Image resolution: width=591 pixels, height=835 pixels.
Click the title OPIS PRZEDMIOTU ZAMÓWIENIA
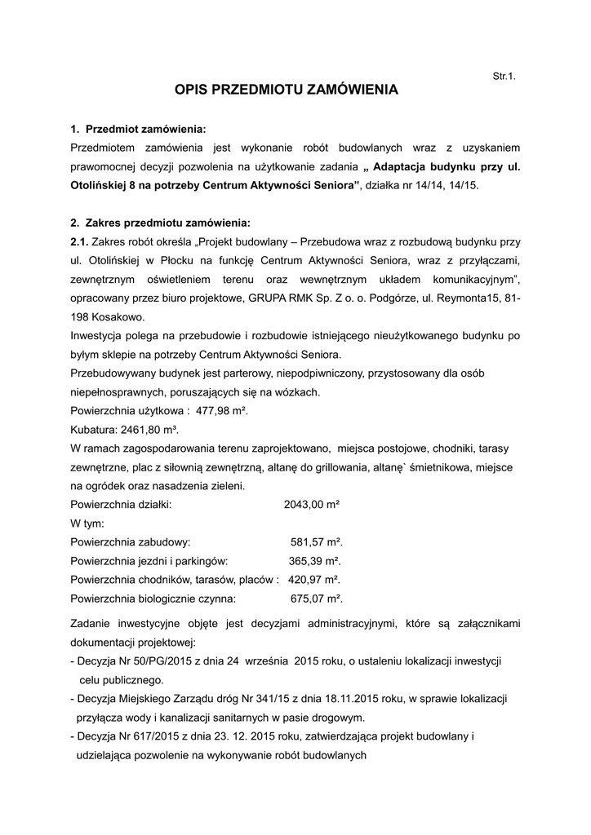pyautogui.click(x=287, y=90)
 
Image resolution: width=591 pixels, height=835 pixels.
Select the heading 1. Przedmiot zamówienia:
pyautogui.click(x=139, y=129)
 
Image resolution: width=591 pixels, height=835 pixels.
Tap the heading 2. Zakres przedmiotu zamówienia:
pyautogui.click(x=161, y=223)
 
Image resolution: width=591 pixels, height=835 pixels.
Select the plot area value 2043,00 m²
pyautogui.click(x=311, y=505)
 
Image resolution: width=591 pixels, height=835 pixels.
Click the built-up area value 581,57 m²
pyautogui.click(x=317, y=542)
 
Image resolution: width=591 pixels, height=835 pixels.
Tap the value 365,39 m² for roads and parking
pyautogui.click(x=315, y=561)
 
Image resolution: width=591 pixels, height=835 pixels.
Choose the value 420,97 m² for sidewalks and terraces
pyautogui.click(x=314, y=580)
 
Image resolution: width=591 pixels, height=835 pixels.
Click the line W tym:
pyautogui.click(x=87, y=524)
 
